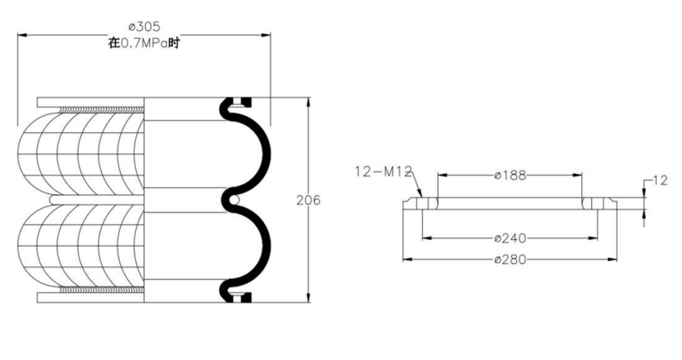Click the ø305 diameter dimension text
(x=144, y=27)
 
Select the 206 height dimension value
(x=308, y=201)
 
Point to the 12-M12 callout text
(x=383, y=172)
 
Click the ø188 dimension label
(x=510, y=176)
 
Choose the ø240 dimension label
(x=510, y=238)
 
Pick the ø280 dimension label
(x=510, y=259)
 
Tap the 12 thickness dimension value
(x=660, y=180)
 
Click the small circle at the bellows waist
(x=234, y=200)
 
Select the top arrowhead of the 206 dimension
(x=308, y=101)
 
